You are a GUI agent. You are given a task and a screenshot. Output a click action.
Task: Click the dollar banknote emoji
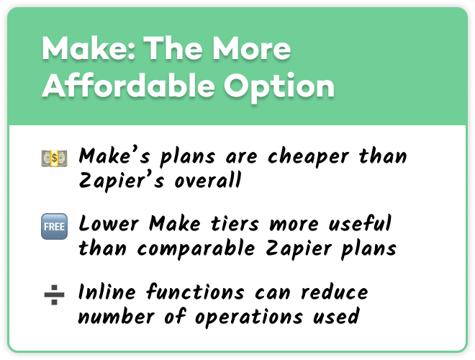click(x=54, y=158)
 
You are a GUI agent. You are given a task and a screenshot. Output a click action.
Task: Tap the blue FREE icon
click(x=54, y=226)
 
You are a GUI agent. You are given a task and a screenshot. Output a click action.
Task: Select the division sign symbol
click(x=54, y=294)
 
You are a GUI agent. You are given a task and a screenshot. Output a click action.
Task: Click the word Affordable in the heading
click(x=128, y=85)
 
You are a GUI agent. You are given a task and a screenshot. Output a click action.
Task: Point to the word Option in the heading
click(x=279, y=88)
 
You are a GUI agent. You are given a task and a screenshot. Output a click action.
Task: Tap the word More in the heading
click(x=251, y=48)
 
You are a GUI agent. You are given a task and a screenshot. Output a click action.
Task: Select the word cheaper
click(x=308, y=158)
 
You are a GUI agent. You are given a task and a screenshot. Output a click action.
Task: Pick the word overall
click(x=208, y=180)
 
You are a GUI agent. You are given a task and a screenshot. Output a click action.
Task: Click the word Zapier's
click(x=121, y=181)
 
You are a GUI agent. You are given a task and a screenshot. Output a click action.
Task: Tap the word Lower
click(x=109, y=224)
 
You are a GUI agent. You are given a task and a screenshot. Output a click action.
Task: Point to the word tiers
click(x=235, y=224)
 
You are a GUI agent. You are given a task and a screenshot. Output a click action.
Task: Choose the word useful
click(x=360, y=223)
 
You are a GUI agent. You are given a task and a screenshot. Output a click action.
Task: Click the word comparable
click(x=196, y=249)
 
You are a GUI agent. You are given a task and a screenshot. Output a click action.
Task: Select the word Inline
click(x=107, y=292)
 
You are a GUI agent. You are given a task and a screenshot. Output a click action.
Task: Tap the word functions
click(x=195, y=292)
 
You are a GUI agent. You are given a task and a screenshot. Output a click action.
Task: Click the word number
click(x=117, y=316)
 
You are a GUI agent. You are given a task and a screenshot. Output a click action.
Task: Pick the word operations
click(x=249, y=318)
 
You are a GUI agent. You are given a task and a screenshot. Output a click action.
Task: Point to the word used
click(x=336, y=316)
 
